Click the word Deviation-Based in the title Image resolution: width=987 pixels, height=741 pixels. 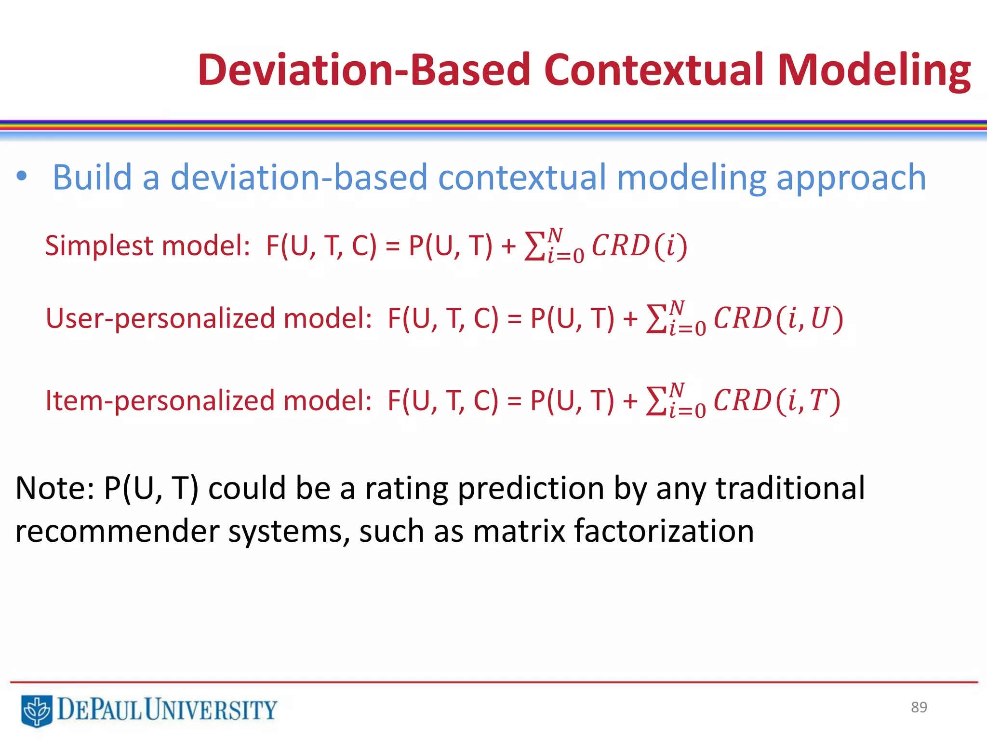pos(364,70)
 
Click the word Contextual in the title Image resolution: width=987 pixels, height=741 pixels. pos(654,70)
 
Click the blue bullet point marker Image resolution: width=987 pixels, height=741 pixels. pos(22,176)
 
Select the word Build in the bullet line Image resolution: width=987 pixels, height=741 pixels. pos(92,177)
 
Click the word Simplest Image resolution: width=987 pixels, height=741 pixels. pos(99,246)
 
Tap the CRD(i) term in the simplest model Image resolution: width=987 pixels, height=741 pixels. pos(639,246)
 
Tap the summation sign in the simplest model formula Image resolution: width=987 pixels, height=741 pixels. pos(534,247)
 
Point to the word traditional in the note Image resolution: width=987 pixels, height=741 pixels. pos(790,488)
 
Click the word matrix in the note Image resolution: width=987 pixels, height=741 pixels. pos(519,531)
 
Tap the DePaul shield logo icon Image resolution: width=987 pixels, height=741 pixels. pos(37,710)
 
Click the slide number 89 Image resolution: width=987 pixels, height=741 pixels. pos(919,707)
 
